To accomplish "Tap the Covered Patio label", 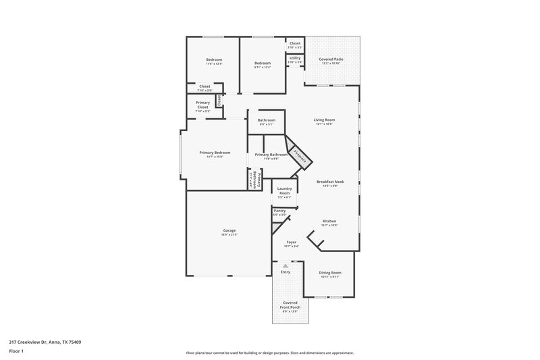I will [331, 59].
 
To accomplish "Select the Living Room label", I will [325, 120].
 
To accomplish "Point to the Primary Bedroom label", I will [215, 153].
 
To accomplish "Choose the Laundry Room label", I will [284, 190].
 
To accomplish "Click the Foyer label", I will [292, 241].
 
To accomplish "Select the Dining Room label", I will [331, 272].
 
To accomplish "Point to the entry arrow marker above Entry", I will [285, 265].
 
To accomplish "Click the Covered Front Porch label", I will [290, 305].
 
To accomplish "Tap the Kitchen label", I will [329, 221].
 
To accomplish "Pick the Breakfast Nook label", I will [331, 181].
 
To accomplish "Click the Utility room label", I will [295, 57].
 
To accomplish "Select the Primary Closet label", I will [202, 105].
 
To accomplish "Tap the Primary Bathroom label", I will [271, 155].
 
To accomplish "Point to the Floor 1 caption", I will [16, 351].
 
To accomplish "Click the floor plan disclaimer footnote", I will [269, 353].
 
